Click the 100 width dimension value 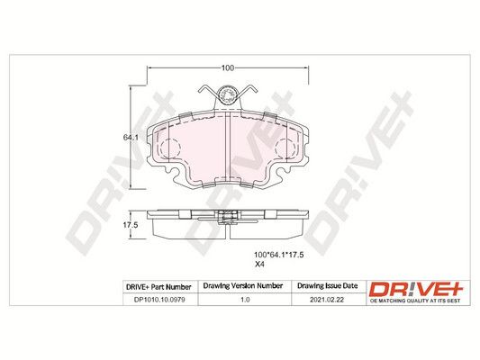coord(228,67)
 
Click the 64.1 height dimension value coord(131,138)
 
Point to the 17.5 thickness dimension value coord(131,225)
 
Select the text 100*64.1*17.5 coord(279,255)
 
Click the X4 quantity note coord(259,265)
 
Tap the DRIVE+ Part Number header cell coord(158,287)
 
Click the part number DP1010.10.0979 coord(159,300)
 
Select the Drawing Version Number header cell coord(243,285)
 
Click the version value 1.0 coord(245,300)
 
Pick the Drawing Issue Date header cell coord(328,285)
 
